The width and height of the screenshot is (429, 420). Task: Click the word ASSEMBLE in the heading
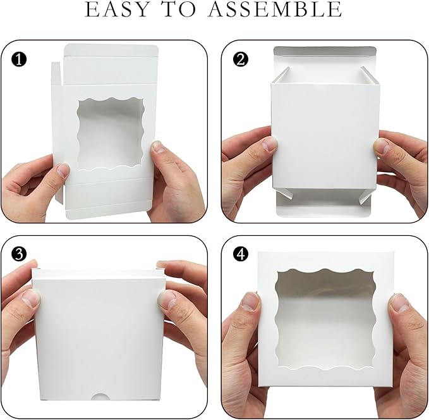tap(275, 9)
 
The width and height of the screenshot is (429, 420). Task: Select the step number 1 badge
tap(19, 59)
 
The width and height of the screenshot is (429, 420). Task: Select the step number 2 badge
tap(241, 59)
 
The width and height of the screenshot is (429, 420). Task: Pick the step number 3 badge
tap(19, 254)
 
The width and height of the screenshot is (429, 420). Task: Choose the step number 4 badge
tap(241, 254)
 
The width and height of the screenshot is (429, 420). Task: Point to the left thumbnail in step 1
tap(63, 170)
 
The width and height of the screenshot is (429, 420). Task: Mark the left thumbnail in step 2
tap(270, 144)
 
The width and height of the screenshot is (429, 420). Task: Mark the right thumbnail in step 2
tap(381, 145)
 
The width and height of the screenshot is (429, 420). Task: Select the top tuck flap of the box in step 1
tap(109, 50)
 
